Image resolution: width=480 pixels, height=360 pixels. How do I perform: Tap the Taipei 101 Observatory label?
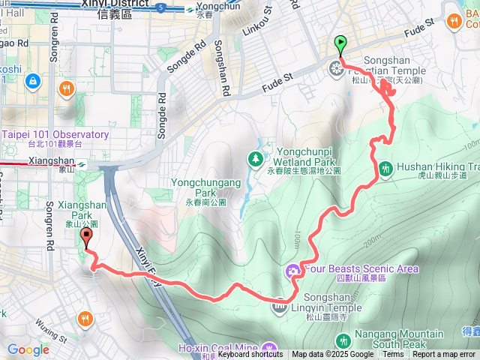tap(55, 135)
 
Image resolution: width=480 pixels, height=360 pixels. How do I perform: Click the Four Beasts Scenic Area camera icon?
tap(292, 269)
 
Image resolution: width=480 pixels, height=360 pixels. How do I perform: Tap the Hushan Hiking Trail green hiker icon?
tap(385, 167)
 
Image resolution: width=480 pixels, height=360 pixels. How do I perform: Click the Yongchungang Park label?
tap(205, 182)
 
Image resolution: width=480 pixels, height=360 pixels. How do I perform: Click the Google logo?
tap(28, 349)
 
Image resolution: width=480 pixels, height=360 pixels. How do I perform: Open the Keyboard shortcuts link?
tap(250, 355)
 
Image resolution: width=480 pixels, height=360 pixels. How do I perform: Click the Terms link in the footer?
tap(393, 355)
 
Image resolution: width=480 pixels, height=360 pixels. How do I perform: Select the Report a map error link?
tap(444, 355)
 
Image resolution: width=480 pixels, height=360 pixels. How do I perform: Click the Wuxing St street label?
tap(50, 332)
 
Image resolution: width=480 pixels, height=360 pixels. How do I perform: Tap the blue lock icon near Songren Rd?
tap(32, 79)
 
